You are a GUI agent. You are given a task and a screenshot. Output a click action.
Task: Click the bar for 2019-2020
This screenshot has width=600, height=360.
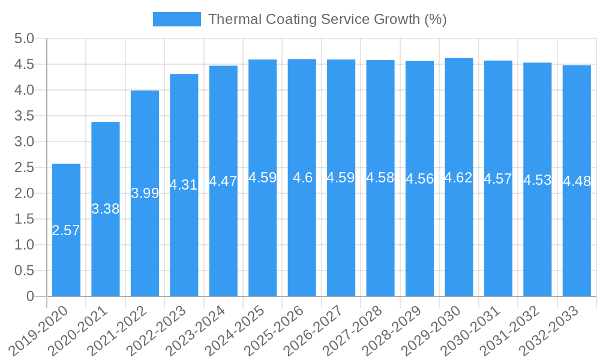pyautogui.click(x=66, y=264)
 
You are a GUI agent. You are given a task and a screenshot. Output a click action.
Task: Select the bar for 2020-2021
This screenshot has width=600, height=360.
pyautogui.click(x=106, y=252)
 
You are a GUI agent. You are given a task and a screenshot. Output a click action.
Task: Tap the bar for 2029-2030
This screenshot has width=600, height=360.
pyautogui.click(x=459, y=240)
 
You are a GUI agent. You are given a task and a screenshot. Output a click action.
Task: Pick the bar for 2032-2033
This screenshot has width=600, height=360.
pyautogui.click(x=577, y=240)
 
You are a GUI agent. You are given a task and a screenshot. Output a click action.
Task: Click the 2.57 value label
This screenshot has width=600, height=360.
pyautogui.click(x=66, y=230)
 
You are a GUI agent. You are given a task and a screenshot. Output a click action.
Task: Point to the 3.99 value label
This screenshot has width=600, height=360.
pyautogui.click(x=145, y=193)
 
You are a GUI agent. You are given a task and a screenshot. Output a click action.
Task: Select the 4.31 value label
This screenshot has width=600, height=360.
pyautogui.click(x=184, y=185)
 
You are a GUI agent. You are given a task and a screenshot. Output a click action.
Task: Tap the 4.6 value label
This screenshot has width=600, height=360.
pyautogui.click(x=302, y=178)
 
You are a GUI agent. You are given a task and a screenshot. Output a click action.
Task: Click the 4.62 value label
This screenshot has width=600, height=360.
pyautogui.click(x=459, y=178)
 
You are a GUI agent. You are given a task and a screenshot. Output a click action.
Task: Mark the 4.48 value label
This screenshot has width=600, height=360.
pyautogui.click(x=577, y=181)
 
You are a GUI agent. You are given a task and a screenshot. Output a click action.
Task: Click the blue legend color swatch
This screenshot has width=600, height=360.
pyautogui.click(x=176, y=19)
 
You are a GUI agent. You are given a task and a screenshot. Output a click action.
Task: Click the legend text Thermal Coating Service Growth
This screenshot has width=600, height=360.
pyautogui.click(x=327, y=19)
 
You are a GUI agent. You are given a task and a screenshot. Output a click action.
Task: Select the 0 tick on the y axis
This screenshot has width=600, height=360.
pyautogui.click(x=30, y=296)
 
